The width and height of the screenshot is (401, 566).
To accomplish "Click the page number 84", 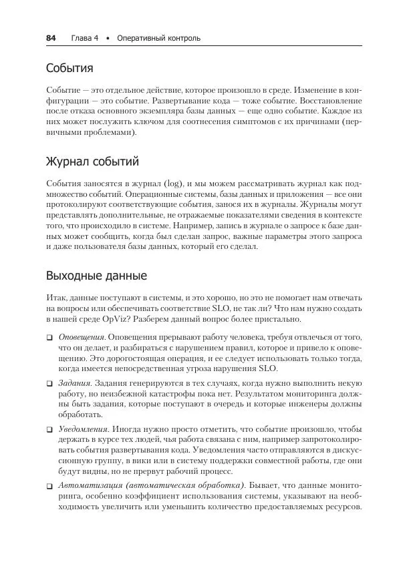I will tap(50, 38).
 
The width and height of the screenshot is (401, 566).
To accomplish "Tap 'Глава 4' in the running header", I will tap(84, 38).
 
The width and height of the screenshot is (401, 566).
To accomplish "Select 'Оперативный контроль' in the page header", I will tap(158, 38).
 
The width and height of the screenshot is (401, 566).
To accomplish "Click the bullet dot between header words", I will tap(108, 38).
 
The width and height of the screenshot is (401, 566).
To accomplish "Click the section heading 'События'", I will tap(70, 68).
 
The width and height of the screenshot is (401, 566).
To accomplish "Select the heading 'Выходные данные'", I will tap(96, 275).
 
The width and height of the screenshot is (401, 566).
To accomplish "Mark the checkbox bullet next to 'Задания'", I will tap(50, 384).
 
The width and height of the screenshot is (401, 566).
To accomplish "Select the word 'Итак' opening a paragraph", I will tap(56, 298).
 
